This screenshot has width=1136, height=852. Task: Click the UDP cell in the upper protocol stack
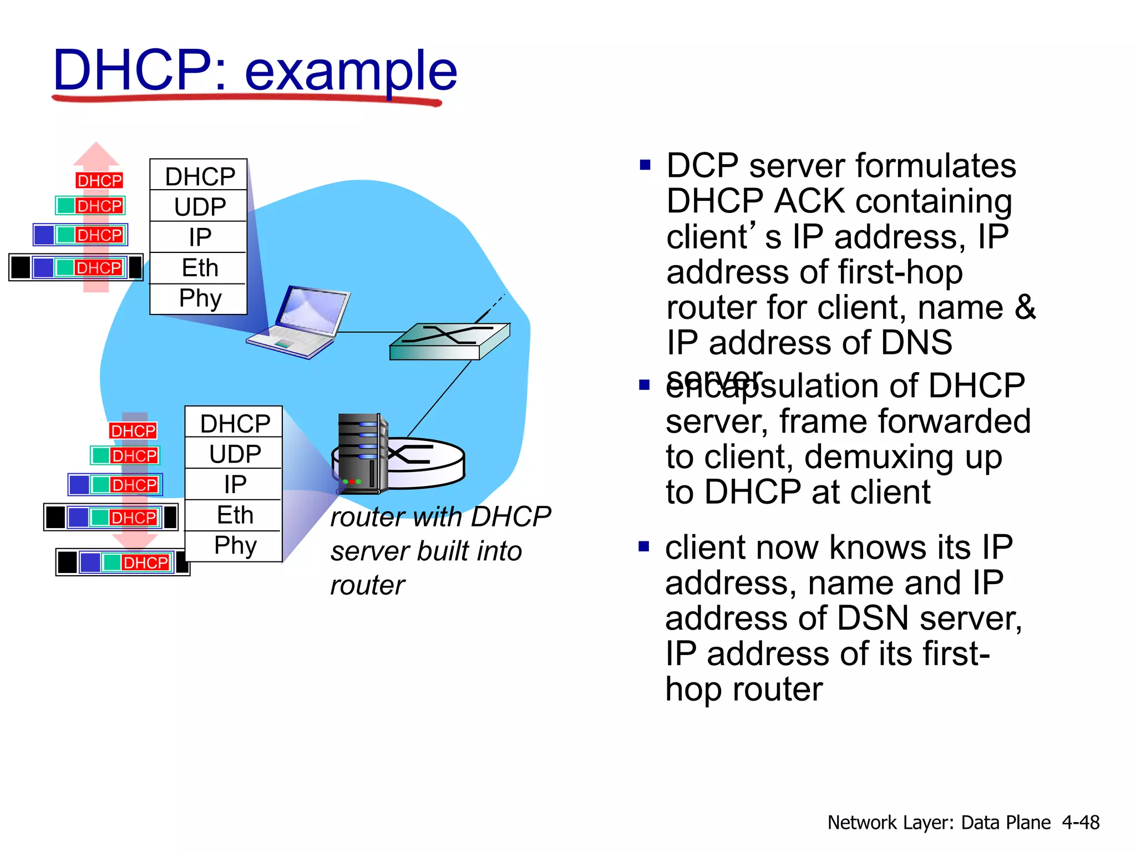point(200,206)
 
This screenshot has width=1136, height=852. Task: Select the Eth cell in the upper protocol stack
point(200,268)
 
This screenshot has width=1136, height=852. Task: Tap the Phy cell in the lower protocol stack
point(235,545)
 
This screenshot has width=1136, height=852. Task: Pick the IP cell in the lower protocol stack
point(235,484)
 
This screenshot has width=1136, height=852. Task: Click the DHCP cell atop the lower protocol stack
point(235,423)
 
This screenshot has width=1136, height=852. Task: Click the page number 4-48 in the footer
point(1080,822)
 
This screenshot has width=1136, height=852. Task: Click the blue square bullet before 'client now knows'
point(643,547)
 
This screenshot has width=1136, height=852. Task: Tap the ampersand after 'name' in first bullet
point(1025,307)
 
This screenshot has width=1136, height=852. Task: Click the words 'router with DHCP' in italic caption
point(440,517)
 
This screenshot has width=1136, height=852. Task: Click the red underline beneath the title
point(247,99)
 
